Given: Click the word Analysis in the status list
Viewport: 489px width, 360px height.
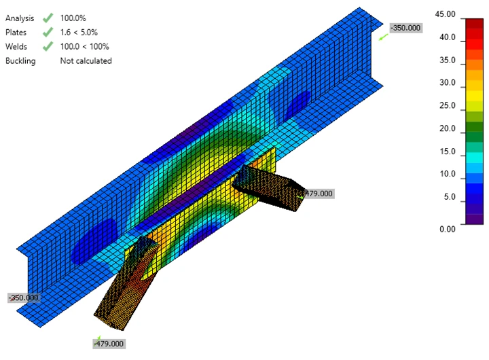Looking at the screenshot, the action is tap(20, 18).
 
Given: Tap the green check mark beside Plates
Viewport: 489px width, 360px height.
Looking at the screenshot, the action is tap(48, 32).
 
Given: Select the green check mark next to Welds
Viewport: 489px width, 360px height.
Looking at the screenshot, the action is tap(48, 46).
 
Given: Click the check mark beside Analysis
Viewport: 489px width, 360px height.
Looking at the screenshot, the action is tap(48, 18).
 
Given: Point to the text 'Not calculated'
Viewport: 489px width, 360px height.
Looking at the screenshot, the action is tap(86, 60).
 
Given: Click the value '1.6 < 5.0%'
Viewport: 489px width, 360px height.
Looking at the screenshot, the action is tap(79, 32).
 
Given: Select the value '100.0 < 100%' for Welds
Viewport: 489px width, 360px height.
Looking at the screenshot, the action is tap(84, 46).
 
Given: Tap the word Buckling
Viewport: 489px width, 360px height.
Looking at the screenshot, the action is tap(20, 61).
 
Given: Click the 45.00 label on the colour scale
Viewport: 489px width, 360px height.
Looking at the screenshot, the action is tap(445, 14).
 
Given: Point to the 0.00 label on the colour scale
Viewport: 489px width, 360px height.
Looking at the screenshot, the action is tap(448, 229).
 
